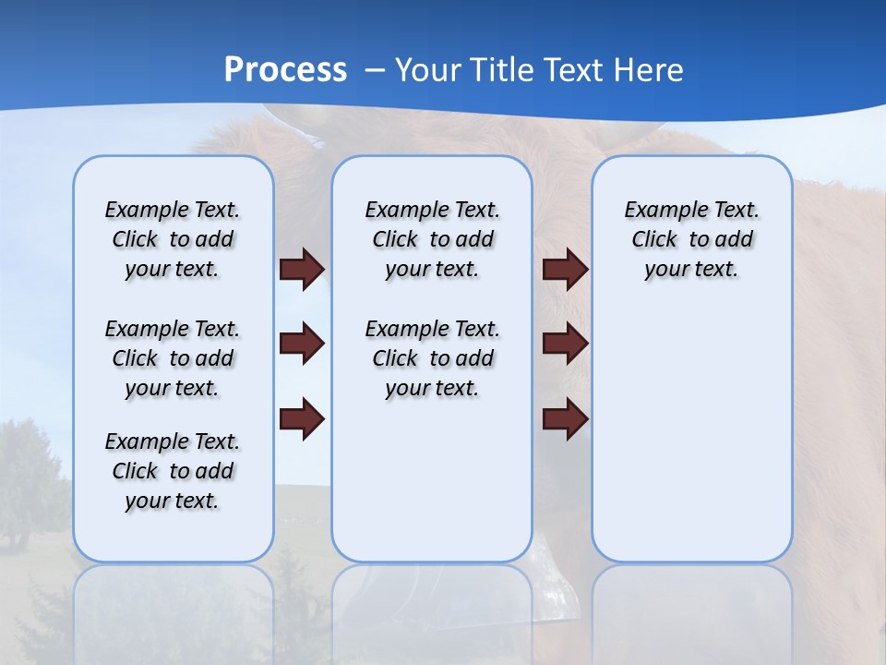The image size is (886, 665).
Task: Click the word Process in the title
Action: coord(285,70)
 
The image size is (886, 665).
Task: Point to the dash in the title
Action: coord(375,71)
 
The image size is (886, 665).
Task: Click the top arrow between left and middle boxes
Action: coord(302,269)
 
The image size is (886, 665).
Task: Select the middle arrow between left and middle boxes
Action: coord(302,344)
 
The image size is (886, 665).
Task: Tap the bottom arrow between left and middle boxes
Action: coord(302,419)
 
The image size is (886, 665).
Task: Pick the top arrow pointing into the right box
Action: coord(565,269)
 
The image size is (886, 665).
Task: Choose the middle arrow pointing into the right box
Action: coord(565,344)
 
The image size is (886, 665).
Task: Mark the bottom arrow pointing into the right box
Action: coord(565,419)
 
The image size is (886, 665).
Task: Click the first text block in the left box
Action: coord(173,239)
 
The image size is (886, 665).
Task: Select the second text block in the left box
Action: coord(173,358)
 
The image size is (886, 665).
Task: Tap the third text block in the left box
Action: coord(173,471)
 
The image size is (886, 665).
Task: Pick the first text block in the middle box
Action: coord(432,239)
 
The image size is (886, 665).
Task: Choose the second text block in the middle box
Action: coord(432,358)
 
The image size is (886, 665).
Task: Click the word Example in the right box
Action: coord(656,210)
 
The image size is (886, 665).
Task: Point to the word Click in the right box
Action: coord(654,239)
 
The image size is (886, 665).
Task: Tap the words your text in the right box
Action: coord(691,270)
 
